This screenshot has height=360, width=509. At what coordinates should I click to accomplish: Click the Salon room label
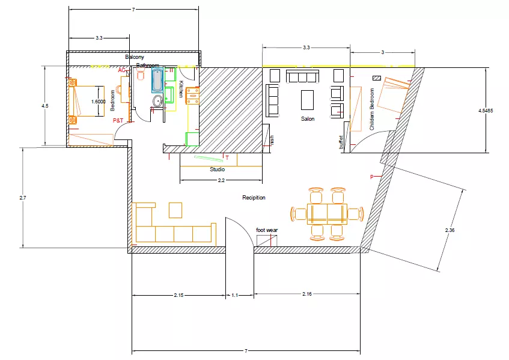coord(308,119)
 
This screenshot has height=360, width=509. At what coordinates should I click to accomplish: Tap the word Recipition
coord(254,198)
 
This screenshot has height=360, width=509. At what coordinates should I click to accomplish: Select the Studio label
coord(217,169)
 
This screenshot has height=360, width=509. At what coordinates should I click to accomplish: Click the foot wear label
coord(267,230)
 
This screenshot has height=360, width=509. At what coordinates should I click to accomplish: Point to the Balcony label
coord(135,57)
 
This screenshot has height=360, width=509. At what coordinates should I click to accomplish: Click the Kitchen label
coord(180,90)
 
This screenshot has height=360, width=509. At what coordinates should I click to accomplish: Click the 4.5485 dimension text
coord(486,111)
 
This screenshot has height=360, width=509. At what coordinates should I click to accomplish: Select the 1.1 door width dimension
coord(234,295)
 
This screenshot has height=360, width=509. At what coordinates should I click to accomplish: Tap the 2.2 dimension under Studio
coord(221,180)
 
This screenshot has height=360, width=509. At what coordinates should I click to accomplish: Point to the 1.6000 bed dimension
coord(99,102)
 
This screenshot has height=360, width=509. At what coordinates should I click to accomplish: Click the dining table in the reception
coord(328,213)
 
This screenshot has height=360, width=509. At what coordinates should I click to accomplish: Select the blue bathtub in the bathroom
coord(157,79)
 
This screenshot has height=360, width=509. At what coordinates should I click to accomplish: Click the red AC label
coord(121,70)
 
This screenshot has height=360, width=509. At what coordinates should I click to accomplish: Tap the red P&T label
coord(118,121)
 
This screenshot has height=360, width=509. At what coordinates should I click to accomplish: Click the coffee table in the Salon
coord(308,99)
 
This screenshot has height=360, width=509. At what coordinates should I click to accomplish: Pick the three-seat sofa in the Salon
coord(302,76)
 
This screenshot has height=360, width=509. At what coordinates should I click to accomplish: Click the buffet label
coord(341,142)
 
